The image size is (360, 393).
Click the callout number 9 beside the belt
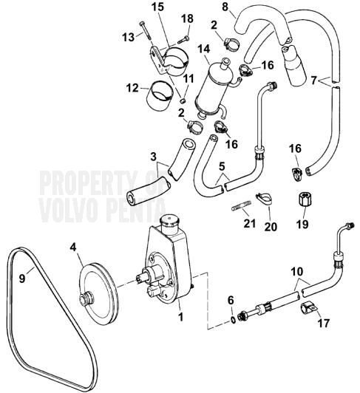click(x=22, y=278)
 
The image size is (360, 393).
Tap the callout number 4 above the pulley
click(x=72, y=247)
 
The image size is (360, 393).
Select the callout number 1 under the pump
click(x=180, y=317)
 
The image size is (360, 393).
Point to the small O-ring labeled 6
click(x=233, y=320)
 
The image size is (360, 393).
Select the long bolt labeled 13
click(x=144, y=30)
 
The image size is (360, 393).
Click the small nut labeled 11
click(x=183, y=100)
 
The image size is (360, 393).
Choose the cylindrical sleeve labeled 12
click(x=161, y=96)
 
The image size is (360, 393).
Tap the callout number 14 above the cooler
click(x=204, y=48)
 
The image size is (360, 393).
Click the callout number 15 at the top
click(x=157, y=7)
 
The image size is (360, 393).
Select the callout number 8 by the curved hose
click(x=225, y=7)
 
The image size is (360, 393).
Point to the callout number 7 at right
click(x=314, y=81)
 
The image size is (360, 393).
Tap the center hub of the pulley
click(x=86, y=299)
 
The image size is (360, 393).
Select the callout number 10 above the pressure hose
click(x=297, y=271)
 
